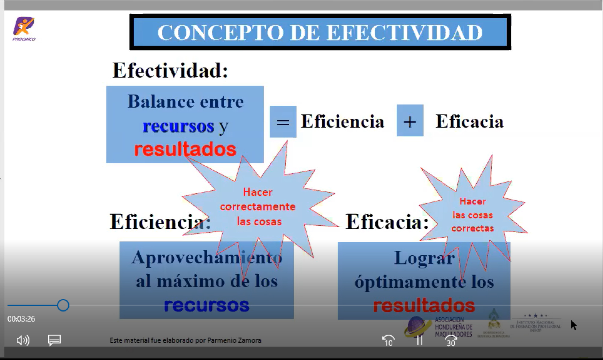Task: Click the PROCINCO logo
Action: pos(24,28)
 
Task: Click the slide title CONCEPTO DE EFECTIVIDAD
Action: pos(320,32)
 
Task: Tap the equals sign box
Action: pos(283,122)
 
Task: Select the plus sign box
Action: pos(410,121)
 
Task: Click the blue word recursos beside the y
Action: pos(178,126)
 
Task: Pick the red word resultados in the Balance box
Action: pos(185,149)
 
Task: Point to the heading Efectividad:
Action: pos(170,71)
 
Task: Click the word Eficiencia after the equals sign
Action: pos(342,121)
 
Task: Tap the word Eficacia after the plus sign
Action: pos(469,121)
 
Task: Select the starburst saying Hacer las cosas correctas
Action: pos(472,215)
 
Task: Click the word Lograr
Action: pos(424,258)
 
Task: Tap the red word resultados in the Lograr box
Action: pos(424,305)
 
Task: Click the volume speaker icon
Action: pos(23,340)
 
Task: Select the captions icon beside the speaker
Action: pos(54,340)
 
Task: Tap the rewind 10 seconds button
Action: pos(388,340)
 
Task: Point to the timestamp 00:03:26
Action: pos(21,319)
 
